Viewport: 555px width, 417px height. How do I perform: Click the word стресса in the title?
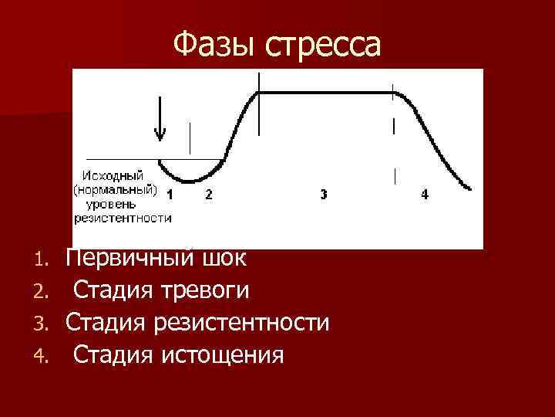pos(323,46)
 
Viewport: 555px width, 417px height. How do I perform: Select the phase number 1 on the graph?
pos(170,195)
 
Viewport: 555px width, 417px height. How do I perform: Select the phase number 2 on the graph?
pos(208,195)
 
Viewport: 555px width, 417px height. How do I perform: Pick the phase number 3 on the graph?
pos(323,195)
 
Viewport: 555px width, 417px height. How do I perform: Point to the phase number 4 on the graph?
pos(425,195)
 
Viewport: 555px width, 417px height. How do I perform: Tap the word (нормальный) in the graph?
pos(116,189)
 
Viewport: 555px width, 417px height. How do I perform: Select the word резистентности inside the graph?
pos(123,218)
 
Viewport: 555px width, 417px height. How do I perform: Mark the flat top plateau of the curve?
pos(324,93)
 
